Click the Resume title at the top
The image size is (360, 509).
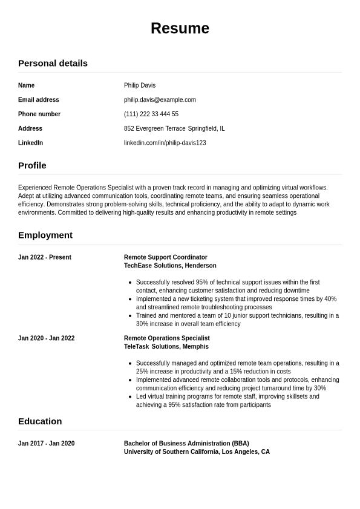point(180,28)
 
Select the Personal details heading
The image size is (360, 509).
point(53,63)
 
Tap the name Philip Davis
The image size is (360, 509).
point(140,85)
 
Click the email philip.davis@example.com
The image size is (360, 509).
point(160,100)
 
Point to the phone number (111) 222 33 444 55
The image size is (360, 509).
point(151,114)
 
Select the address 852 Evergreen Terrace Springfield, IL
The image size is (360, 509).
point(174,128)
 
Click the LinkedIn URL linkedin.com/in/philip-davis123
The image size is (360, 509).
point(165,143)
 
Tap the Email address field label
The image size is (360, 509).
point(39,100)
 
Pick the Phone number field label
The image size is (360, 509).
point(39,114)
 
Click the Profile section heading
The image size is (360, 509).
point(32,165)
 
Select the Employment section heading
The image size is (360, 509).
point(45,235)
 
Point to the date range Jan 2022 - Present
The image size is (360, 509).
point(45,257)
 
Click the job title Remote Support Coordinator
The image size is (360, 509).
point(166,257)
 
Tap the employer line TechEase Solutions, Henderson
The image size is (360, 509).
point(170,266)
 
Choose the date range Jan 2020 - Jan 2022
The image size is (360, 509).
point(47,338)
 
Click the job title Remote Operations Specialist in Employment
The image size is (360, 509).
point(167,338)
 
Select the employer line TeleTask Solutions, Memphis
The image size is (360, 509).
point(166,347)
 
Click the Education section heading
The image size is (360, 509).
point(40,421)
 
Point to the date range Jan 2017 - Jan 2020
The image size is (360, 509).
point(47,444)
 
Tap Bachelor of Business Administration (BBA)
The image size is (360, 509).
point(186,444)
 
